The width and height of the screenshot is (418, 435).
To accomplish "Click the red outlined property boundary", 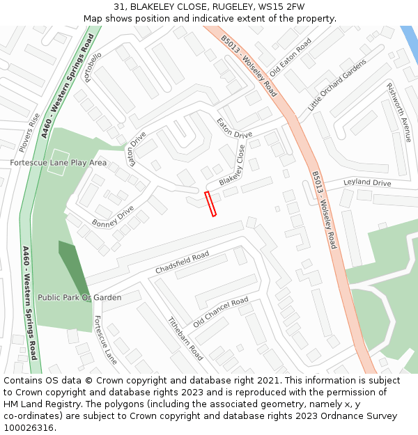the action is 210,204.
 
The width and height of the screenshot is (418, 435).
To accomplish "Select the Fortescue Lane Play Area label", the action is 59,162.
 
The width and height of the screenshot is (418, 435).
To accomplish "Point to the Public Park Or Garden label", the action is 79,297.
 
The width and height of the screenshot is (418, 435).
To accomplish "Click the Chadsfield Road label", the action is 182,262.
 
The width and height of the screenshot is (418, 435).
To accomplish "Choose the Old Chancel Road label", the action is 221,312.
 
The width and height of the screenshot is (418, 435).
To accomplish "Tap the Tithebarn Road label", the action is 185,339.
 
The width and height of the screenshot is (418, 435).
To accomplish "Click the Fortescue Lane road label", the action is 105,340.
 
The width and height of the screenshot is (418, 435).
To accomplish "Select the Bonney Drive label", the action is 112,216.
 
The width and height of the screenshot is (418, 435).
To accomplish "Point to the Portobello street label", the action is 93,66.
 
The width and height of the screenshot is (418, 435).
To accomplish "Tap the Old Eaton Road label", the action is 291,58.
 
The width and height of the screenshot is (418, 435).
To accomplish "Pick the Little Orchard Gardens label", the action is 337,85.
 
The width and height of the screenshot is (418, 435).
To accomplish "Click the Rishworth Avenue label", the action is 399,112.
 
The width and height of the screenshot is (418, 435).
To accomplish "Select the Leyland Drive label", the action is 367,183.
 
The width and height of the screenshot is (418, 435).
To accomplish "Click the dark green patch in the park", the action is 73,267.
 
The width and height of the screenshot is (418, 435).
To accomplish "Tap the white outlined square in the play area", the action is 58,162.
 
